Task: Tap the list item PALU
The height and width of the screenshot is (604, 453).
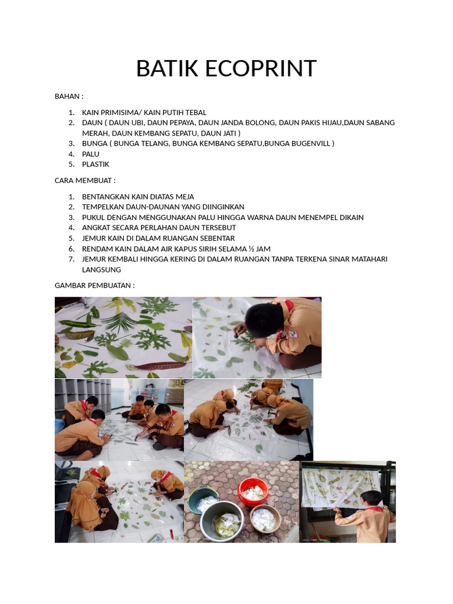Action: [x=91, y=154]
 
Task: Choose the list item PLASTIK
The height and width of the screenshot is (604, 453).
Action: [x=96, y=165]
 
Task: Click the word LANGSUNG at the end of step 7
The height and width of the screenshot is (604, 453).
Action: [x=101, y=270]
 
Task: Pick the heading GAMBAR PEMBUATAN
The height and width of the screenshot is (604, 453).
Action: [x=94, y=285]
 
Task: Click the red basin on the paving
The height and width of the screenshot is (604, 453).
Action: [x=253, y=491]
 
